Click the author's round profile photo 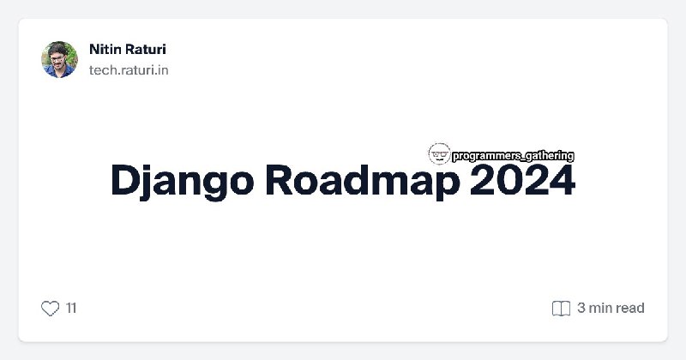59,59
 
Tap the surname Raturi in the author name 145,49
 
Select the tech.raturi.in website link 129,70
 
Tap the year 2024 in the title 522,180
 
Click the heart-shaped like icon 50,309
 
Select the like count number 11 71,309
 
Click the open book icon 561,309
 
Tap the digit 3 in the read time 581,308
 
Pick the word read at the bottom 630,308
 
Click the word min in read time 601,308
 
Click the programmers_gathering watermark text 513,156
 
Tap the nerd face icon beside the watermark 439,153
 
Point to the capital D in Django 125,180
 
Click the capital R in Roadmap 280,180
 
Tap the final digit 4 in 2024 563,180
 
